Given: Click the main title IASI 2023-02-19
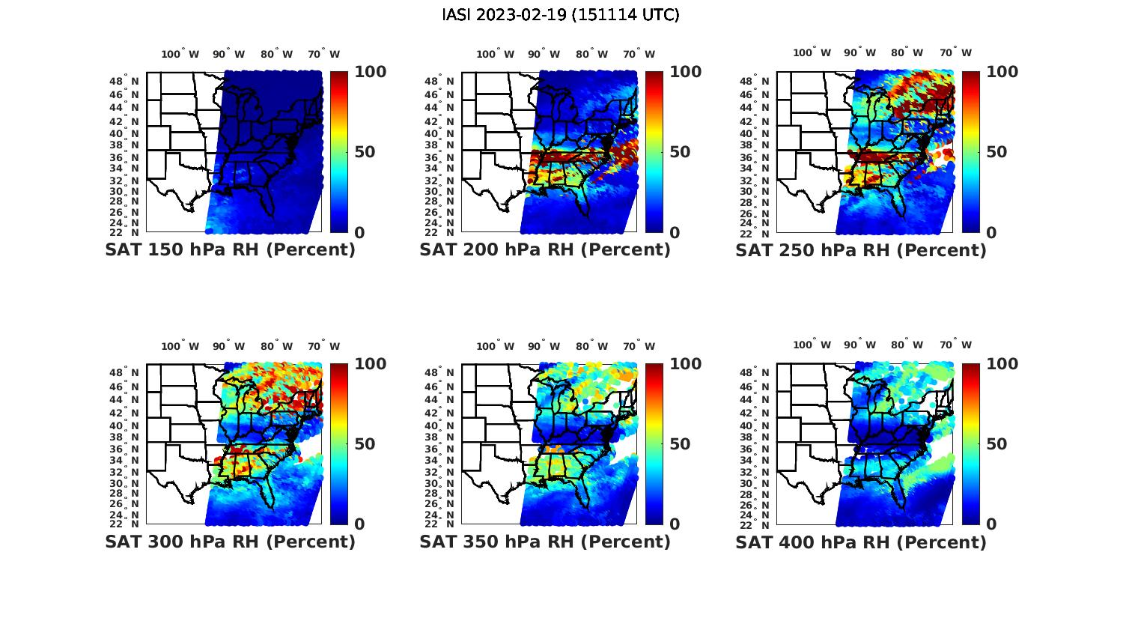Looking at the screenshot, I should tap(561, 15).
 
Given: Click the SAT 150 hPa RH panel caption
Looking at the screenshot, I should tap(230, 250).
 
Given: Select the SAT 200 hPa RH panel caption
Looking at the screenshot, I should tap(545, 250).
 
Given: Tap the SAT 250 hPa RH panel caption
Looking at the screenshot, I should tap(861, 250).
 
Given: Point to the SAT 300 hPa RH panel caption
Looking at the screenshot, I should tap(230, 542).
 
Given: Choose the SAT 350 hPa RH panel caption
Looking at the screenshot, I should tap(545, 542).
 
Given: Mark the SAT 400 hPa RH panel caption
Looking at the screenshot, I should tap(861, 542).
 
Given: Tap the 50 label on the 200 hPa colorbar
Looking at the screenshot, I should tap(680, 152).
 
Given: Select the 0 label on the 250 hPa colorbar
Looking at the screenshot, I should tap(991, 233).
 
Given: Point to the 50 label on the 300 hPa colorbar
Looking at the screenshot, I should tap(365, 444).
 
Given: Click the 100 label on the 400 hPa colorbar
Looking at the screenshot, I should tap(1002, 364).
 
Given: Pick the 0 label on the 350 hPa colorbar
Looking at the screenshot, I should tap(675, 524).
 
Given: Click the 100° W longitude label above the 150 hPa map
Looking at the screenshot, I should tap(180, 54).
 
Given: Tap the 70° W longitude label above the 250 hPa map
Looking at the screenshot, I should tap(955, 52).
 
